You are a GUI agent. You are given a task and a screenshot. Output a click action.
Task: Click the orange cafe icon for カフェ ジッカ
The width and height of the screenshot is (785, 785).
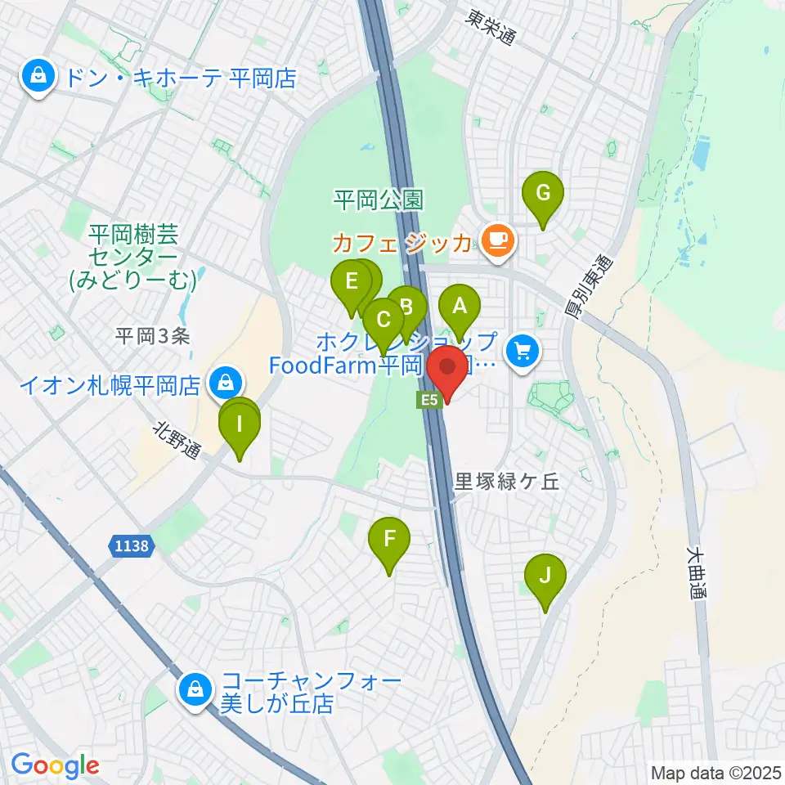tap(499, 240)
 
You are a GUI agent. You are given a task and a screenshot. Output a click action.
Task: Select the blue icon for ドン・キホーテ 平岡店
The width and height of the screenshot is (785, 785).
tap(38, 78)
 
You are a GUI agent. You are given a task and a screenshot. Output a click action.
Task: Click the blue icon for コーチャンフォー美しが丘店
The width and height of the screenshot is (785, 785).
tap(196, 689)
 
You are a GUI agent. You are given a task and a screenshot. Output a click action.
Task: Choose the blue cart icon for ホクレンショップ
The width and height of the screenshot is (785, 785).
tap(522, 352)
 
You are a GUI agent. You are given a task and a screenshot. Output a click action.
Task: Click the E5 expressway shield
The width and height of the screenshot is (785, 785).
tap(430, 400)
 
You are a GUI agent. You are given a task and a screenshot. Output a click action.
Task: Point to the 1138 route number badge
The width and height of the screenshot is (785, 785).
tap(131, 545)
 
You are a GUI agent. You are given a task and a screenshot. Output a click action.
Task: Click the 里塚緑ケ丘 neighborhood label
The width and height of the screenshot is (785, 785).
tap(506, 482)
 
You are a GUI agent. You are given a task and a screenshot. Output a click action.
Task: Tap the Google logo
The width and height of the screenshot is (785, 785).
tap(55, 765)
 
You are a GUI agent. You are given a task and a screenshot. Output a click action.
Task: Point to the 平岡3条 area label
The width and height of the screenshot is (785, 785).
tap(152, 334)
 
